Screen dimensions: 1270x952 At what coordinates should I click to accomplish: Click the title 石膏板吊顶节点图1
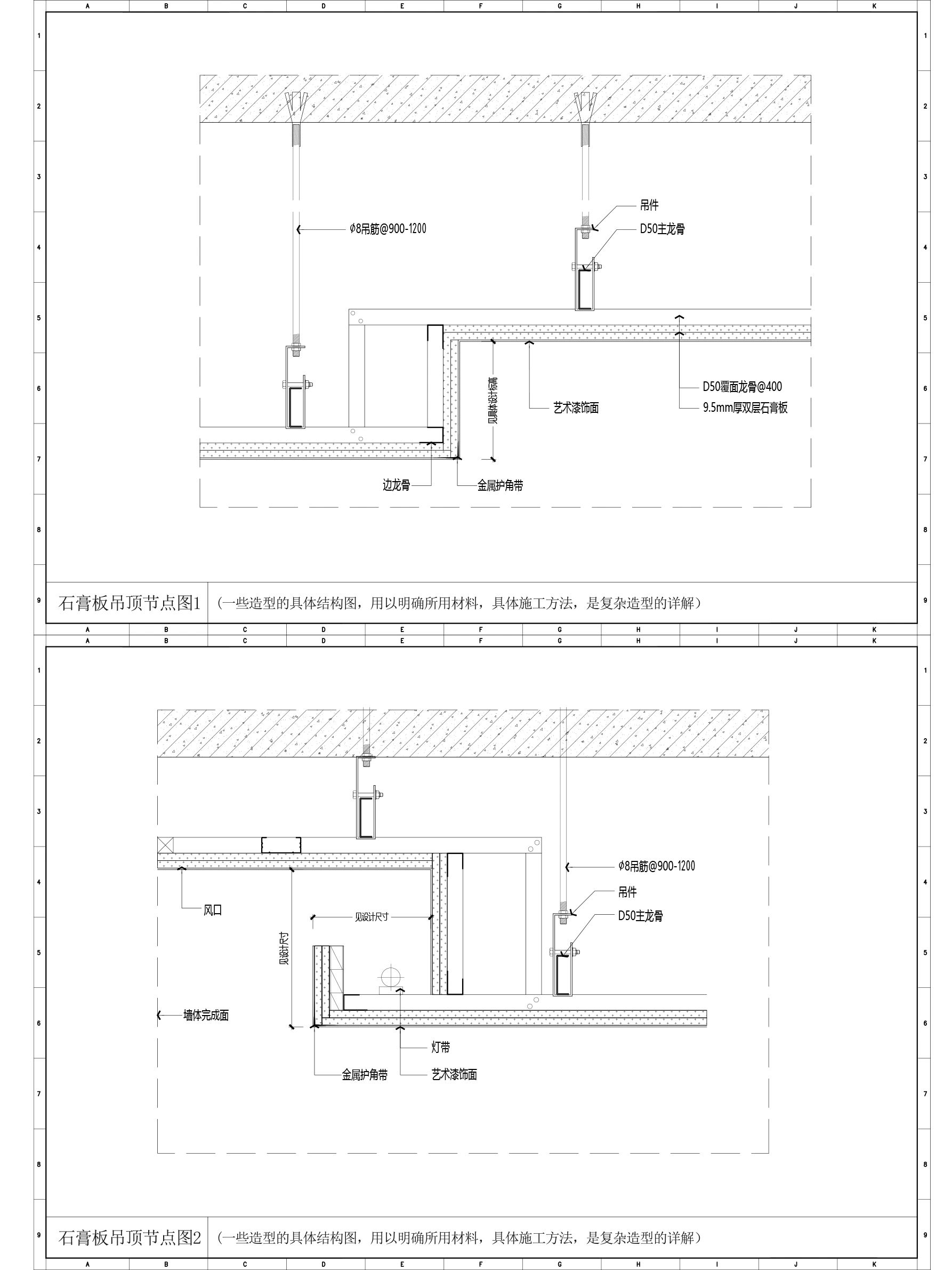pyautogui.click(x=129, y=603)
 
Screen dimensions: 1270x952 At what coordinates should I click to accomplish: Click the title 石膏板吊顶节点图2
pyautogui.click(x=130, y=1238)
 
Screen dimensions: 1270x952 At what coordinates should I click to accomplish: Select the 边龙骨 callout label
pyautogui.click(x=397, y=486)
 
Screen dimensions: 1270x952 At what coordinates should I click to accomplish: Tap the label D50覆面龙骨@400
pyautogui.click(x=742, y=386)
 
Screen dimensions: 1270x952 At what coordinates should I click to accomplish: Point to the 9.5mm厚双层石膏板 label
pyautogui.click(x=745, y=408)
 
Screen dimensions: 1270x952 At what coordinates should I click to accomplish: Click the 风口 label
pyautogui.click(x=213, y=910)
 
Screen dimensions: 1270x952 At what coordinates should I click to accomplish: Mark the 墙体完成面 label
pyautogui.click(x=206, y=1015)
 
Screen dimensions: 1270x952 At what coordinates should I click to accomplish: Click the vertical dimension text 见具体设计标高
pyautogui.click(x=493, y=400)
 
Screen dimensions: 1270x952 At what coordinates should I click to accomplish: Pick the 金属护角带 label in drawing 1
pyautogui.click(x=501, y=486)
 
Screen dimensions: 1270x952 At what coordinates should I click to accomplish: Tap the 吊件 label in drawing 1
pyautogui.click(x=650, y=205)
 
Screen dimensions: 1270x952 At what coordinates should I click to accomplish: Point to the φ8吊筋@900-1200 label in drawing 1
pyautogui.click(x=388, y=229)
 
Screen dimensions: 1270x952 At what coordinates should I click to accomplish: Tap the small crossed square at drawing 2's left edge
pyautogui.click(x=166, y=844)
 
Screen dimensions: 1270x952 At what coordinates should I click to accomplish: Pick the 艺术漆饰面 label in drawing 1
pyautogui.click(x=576, y=408)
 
